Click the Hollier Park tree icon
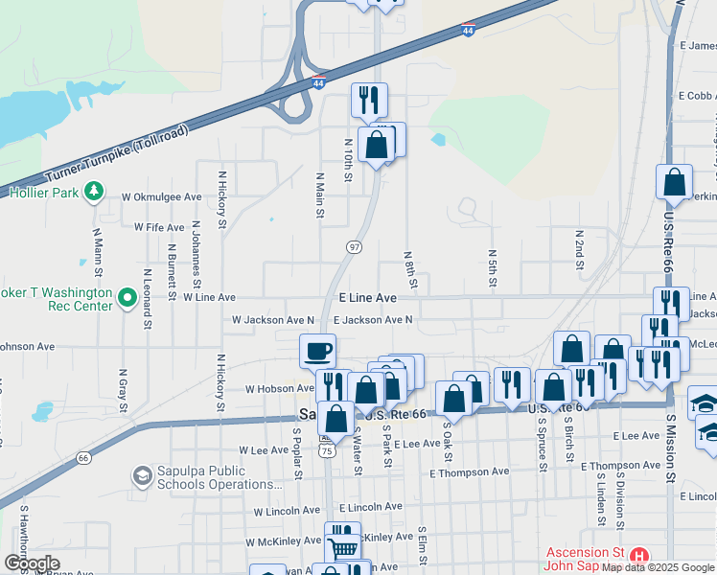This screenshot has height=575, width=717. coord(93,192)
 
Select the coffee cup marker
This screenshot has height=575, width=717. coord(317,351)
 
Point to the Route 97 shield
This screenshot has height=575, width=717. coord(354,248)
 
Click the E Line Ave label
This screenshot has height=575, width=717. coord(368,298)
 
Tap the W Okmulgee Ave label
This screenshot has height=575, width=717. coord(161,196)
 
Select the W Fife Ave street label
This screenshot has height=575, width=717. coord(159,228)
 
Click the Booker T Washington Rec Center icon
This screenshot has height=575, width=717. coord(127,299)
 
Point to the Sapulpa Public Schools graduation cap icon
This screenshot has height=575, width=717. coord(142,475)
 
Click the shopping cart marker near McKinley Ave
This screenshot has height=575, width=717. coord(342,549)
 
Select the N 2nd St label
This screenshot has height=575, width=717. coord(579,247)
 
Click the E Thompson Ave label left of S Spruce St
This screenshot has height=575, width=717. coord(470,472)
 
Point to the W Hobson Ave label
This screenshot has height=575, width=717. coord(279,389)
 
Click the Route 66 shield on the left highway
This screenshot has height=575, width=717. coord(83,458)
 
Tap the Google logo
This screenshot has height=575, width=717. coord(32,563)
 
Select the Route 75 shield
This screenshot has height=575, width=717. coord(328,450)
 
